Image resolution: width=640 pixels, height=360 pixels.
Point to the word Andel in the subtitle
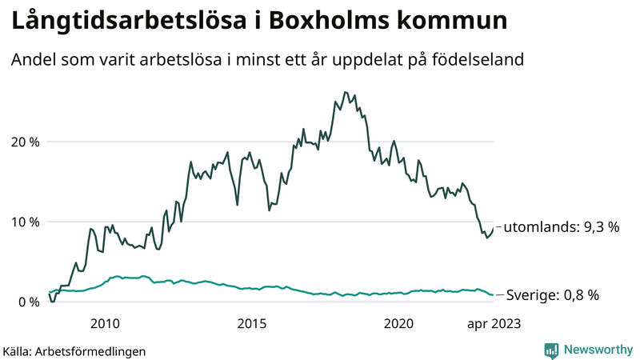[32, 60]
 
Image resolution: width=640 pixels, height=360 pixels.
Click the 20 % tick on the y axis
[23, 142]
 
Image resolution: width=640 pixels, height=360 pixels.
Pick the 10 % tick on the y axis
[23, 222]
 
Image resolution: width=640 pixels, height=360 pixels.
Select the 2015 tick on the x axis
[252, 323]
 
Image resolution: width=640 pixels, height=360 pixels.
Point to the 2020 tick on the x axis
[398, 323]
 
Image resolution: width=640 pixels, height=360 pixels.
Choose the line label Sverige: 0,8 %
[553, 295]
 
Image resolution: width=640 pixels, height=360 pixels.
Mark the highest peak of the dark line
[345, 92]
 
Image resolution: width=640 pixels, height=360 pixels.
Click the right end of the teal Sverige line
[494, 295]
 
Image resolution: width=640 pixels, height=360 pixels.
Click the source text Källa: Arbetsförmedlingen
[74, 350]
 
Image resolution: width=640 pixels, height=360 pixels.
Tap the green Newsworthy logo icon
[551, 350]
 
